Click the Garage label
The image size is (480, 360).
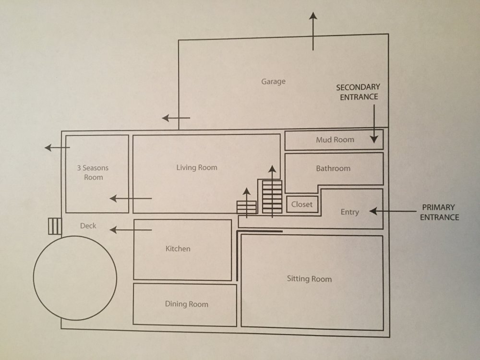point(273,82)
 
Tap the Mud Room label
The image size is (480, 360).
point(335,140)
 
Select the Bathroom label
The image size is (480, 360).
point(333,168)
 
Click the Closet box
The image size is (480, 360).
point(302,204)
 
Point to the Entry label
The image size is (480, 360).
point(349,212)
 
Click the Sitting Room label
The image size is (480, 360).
point(309,279)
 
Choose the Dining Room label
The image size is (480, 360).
point(187,304)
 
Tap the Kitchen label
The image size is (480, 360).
point(178,249)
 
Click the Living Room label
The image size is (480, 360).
point(197,168)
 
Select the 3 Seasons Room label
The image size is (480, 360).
point(93,173)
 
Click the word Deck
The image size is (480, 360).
point(88,226)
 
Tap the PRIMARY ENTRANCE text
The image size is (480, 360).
point(439,212)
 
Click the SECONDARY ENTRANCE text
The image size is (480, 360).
point(358,92)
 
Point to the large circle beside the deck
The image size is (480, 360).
point(75,277)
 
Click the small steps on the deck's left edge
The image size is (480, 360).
point(55,226)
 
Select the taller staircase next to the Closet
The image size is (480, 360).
point(272,196)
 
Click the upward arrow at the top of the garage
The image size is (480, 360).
point(313,31)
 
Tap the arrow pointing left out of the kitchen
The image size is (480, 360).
point(131,230)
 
